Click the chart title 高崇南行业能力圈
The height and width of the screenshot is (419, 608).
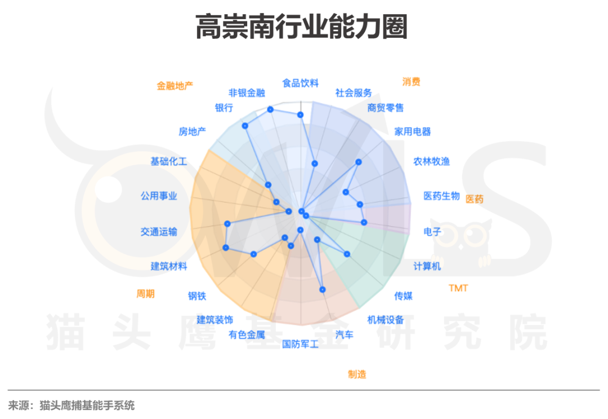(301, 28)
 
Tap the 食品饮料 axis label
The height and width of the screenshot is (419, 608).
(300, 83)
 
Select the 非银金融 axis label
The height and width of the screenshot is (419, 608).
(247, 92)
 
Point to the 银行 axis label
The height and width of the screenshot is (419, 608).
(223, 108)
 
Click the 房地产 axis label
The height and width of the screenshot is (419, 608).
(192, 131)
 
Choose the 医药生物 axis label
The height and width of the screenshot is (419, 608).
(441, 196)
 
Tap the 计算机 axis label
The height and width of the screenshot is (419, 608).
(427, 266)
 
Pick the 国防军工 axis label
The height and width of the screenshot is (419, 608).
(300, 343)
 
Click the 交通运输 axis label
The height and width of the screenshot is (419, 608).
(159, 231)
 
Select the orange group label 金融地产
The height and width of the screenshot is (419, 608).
(175, 86)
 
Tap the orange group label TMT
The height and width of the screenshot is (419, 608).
(458, 288)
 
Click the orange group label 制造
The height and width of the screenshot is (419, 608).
(357, 374)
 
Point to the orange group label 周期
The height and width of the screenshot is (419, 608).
(145, 293)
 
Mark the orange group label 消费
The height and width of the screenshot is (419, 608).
(411, 81)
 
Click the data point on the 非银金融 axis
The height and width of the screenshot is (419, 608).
(270, 109)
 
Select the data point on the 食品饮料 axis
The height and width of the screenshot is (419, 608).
(301, 114)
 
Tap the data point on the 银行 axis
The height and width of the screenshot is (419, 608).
(245, 125)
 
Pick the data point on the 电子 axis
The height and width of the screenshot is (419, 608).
(364, 222)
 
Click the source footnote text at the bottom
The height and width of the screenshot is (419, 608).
(71, 405)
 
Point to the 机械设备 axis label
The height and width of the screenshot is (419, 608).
(386, 320)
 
